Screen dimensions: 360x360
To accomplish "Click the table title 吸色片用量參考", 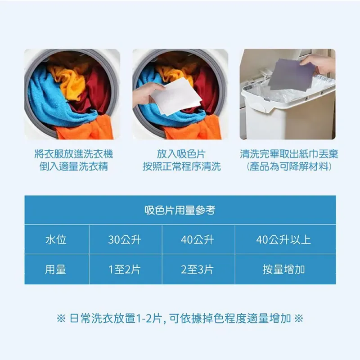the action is [x=180, y=210].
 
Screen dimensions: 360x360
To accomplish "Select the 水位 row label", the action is [x=56, y=240].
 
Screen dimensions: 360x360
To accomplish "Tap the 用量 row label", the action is [x=55, y=269].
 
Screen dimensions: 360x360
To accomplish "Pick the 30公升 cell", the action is [x=125, y=240].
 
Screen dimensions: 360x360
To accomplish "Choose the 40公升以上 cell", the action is [x=283, y=240].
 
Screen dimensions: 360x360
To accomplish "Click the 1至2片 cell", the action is [x=125, y=269].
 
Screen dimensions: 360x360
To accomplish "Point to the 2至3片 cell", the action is [x=198, y=269].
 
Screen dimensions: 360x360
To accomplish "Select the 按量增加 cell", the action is [x=284, y=269].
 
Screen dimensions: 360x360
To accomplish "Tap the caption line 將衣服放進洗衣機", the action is [x=74, y=154].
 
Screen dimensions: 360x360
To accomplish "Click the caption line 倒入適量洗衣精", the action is [x=74, y=166].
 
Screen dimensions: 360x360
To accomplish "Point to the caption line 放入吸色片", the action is [x=181, y=154].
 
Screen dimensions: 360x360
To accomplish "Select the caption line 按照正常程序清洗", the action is [x=182, y=166].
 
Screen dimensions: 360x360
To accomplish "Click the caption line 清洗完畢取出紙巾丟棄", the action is [x=289, y=154].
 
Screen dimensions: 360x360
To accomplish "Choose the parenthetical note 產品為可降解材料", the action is [x=289, y=166].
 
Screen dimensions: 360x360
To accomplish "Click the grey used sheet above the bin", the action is [x=292, y=74].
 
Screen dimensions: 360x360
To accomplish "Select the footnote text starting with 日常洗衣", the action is [x=180, y=319].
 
